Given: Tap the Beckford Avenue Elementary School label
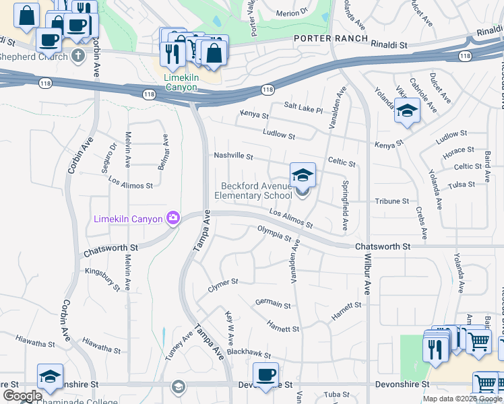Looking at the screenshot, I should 253,191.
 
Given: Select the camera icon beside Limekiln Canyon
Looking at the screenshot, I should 173,217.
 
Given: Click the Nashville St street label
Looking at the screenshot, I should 233,156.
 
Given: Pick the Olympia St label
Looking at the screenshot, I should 274,234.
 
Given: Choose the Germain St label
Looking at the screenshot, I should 273,304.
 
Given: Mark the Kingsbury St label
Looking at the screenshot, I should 102,279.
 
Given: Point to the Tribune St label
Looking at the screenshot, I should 391,201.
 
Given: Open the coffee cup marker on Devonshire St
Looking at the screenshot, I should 265,374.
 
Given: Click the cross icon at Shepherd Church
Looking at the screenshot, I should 78,55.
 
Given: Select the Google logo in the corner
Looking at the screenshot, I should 22,396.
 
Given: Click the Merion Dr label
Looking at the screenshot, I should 291,13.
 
